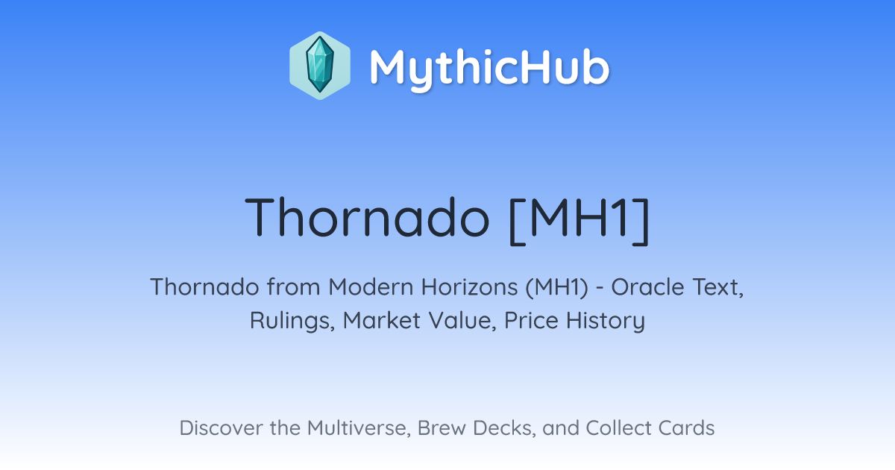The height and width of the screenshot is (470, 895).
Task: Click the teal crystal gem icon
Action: pyautogui.click(x=320, y=65)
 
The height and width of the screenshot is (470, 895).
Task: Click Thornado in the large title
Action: pyautogui.click(x=367, y=217)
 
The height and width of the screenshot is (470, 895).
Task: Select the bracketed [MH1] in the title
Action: pyautogui.click(x=580, y=221)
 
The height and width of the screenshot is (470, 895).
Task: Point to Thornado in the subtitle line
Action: pyautogui.click(x=204, y=287)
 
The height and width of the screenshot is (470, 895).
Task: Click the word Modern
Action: pyautogui.click(x=371, y=287)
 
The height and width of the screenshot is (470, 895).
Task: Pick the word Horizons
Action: pyautogui.click(x=469, y=287)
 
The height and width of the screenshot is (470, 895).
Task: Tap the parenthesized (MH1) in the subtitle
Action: pyautogui.click(x=556, y=288)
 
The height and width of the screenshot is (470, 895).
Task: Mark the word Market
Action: pyautogui.click(x=382, y=320)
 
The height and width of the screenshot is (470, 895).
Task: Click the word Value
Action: pyautogui.click(x=462, y=321)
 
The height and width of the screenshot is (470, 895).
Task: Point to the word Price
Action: pyautogui.click(x=531, y=320)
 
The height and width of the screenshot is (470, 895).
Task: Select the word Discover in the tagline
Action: pyautogui.click(x=222, y=427)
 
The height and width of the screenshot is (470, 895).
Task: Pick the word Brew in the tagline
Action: pyautogui.click(x=442, y=427)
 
